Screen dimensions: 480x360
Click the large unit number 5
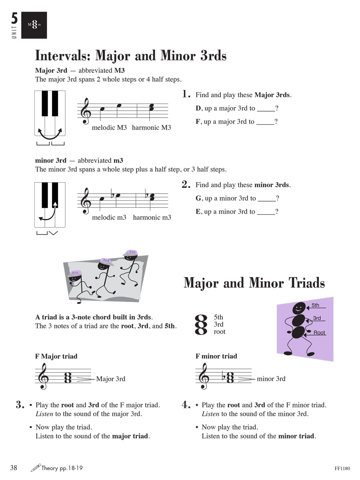pos(14,19)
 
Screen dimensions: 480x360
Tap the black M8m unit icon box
pos(34,25)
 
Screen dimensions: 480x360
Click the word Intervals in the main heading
pos(63,55)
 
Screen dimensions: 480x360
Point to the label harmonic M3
pos(151,128)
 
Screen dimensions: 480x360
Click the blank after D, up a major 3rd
pos(266,109)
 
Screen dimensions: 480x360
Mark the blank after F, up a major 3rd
pos(265,122)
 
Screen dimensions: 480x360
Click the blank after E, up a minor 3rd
pos(266,212)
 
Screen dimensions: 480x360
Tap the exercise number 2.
pos(186,184)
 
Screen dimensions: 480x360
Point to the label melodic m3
pos(109,217)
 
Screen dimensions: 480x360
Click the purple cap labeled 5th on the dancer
pos(132,252)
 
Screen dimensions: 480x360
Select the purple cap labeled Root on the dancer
pos(75,273)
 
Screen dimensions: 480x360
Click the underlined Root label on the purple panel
pos(319,333)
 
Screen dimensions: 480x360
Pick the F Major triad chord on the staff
pos(68,378)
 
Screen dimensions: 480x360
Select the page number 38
pos(14,468)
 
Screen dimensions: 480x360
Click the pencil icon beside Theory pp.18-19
pos(35,468)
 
